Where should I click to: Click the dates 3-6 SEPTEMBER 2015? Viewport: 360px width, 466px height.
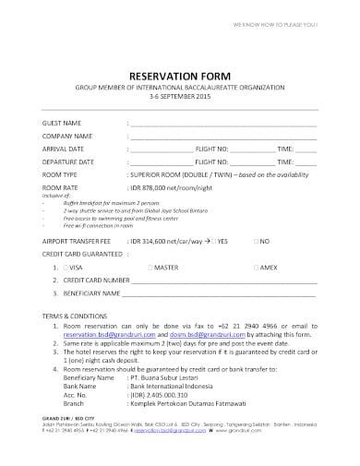coord(179,96)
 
